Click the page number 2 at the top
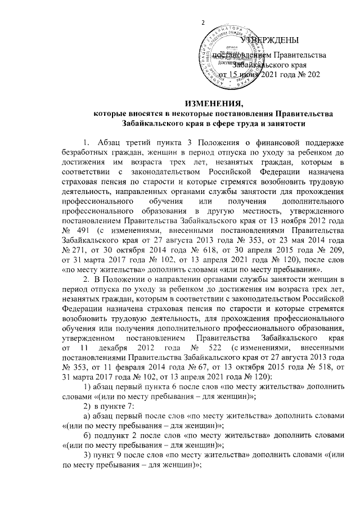(204, 21)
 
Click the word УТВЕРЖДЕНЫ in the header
(269, 39)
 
